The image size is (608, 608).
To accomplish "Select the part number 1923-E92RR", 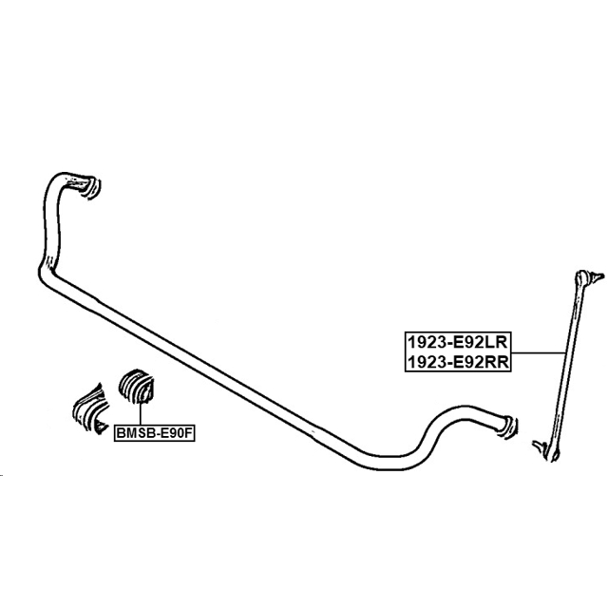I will pos(458,361).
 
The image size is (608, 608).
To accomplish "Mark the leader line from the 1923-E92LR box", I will pos(537,352).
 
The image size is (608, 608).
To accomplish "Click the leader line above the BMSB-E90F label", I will pos(141,414).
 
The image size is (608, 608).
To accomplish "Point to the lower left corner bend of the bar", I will pos(47,271).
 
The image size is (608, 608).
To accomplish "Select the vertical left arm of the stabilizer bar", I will pos(50,223).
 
